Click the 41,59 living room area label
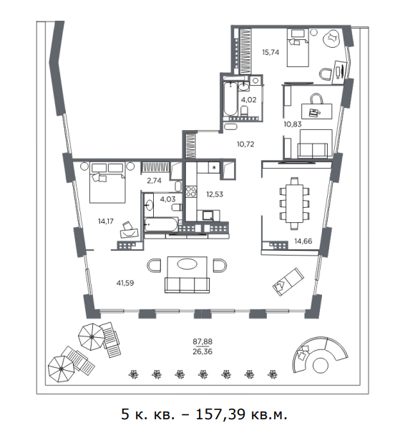tap(125, 283)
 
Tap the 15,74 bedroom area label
tap(270, 52)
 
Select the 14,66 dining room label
tap(303, 241)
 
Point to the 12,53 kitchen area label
tap(215, 194)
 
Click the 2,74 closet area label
tap(154, 181)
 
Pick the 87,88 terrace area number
tap(203, 341)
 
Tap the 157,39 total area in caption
tap(220, 414)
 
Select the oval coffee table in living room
tap(187, 264)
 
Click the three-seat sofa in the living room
tap(187, 285)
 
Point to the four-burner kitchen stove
tap(191, 191)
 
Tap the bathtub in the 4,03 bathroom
tap(161, 224)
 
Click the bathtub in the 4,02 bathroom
tap(230, 99)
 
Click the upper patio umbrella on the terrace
tap(92, 336)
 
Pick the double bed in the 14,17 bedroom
tap(107, 183)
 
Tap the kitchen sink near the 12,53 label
tap(208, 216)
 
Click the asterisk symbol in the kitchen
tap(214, 167)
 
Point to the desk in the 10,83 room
tap(317, 111)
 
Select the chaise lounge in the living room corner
tap(288, 281)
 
